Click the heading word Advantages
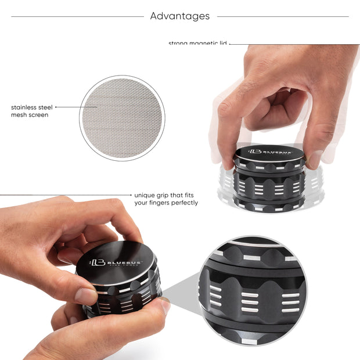coord(180,16)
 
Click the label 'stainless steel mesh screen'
coord(32,111)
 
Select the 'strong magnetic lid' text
coord(197,44)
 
